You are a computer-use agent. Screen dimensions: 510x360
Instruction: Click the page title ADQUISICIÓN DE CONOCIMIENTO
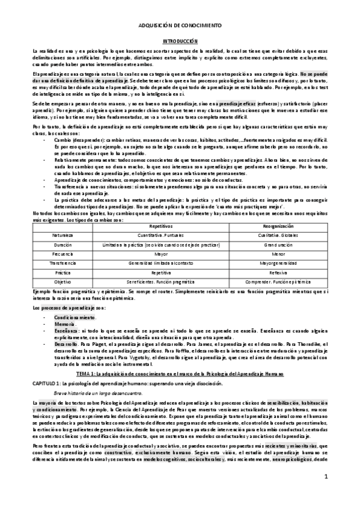click(180, 26)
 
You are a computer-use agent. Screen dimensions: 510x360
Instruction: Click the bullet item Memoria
click(64, 323)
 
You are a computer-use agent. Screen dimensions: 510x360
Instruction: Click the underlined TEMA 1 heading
click(180, 373)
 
